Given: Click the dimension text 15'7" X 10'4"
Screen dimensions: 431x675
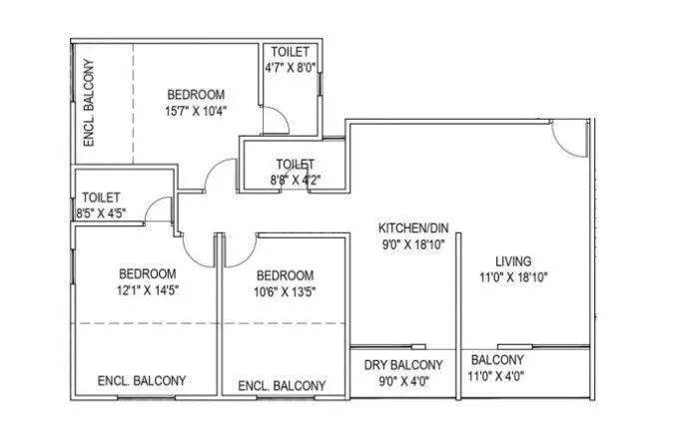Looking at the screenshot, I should click(197, 111).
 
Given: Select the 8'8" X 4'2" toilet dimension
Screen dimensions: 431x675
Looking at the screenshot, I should click(296, 181).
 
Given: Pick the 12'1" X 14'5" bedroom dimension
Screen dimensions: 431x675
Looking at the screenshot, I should click(148, 290).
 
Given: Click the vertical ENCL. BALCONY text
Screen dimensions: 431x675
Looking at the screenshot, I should click(89, 103).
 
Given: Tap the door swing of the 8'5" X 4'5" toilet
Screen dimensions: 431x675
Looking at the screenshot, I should click(157, 210).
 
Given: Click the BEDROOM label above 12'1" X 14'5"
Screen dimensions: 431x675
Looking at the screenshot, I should click(148, 273).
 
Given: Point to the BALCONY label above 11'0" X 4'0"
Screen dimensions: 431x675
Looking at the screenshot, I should click(496, 360).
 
